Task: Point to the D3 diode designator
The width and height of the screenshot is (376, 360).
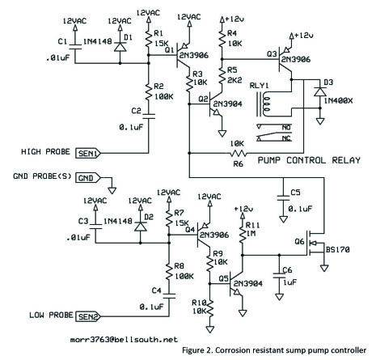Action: coord(328,82)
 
